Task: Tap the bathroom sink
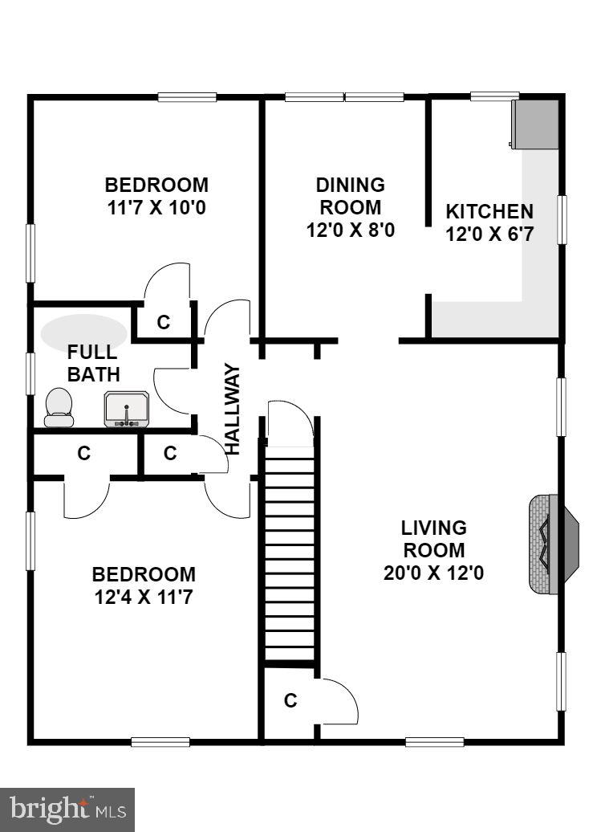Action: click(126, 410)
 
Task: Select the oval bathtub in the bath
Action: click(84, 332)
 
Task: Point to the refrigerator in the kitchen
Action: click(535, 124)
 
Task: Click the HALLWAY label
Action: click(233, 410)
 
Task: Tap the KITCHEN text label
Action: click(489, 212)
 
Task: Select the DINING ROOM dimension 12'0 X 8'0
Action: click(351, 230)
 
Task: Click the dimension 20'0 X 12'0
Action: click(433, 573)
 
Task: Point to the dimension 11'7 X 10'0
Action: click(157, 206)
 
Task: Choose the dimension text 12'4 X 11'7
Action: click(144, 597)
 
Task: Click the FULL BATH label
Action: click(93, 363)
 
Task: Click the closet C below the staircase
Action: click(291, 701)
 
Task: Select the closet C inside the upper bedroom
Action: click(164, 322)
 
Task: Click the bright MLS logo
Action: click(67, 808)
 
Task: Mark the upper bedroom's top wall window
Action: click(187, 97)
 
